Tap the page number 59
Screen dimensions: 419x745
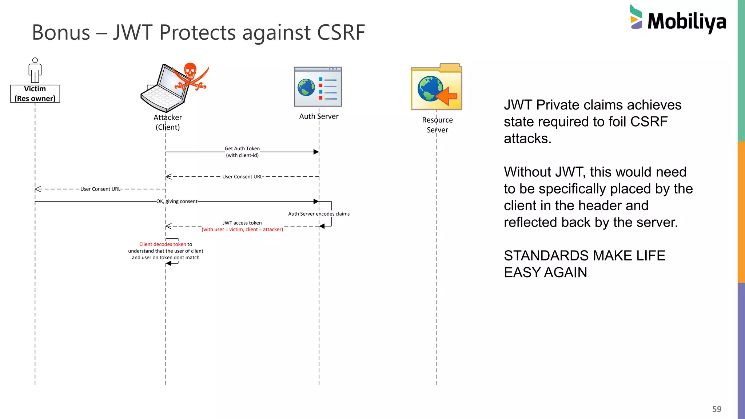point(717,409)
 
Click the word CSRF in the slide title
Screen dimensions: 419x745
point(341,32)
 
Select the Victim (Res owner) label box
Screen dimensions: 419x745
point(35,94)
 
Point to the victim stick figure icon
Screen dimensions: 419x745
point(35,70)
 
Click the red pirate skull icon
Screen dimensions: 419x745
point(190,76)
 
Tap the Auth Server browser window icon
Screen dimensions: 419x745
point(318,87)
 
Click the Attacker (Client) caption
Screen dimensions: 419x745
point(168,122)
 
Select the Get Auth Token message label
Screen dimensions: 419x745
point(242,149)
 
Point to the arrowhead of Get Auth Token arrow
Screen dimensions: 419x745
point(316,152)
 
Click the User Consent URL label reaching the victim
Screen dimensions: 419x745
point(100,189)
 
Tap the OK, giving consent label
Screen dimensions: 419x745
point(177,201)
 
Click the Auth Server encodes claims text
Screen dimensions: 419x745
point(319,214)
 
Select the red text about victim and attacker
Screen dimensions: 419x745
point(242,230)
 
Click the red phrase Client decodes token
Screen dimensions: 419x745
point(163,244)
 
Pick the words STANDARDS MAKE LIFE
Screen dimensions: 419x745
point(584,256)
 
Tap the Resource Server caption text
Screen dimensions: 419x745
point(437,125)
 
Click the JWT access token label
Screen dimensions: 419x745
point(242,223)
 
